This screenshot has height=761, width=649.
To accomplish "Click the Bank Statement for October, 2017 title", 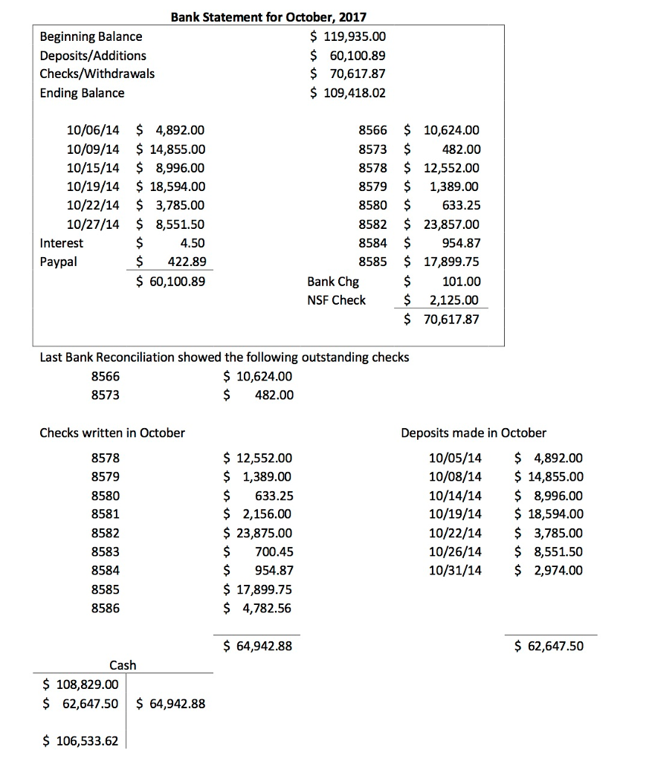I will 268,16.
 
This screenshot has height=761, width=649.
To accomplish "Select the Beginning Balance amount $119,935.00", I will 348,36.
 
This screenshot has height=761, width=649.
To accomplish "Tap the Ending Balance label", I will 82,93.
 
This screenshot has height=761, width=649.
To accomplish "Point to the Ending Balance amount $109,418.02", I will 348,93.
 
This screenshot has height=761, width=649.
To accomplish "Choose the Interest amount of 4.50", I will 193,243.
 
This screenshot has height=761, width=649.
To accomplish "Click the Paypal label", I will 58,262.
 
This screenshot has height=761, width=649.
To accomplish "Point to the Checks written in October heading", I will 112,433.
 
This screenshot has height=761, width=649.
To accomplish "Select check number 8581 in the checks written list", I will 105,514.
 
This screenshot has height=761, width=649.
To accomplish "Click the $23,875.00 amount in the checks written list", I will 258,533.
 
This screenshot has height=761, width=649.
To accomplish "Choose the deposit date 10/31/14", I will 455,570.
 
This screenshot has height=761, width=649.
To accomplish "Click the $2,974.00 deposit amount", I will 549,570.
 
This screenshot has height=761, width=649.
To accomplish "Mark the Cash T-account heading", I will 123,665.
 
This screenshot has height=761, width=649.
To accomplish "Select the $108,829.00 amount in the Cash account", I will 80,684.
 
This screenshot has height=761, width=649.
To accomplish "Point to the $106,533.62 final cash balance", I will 80,741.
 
